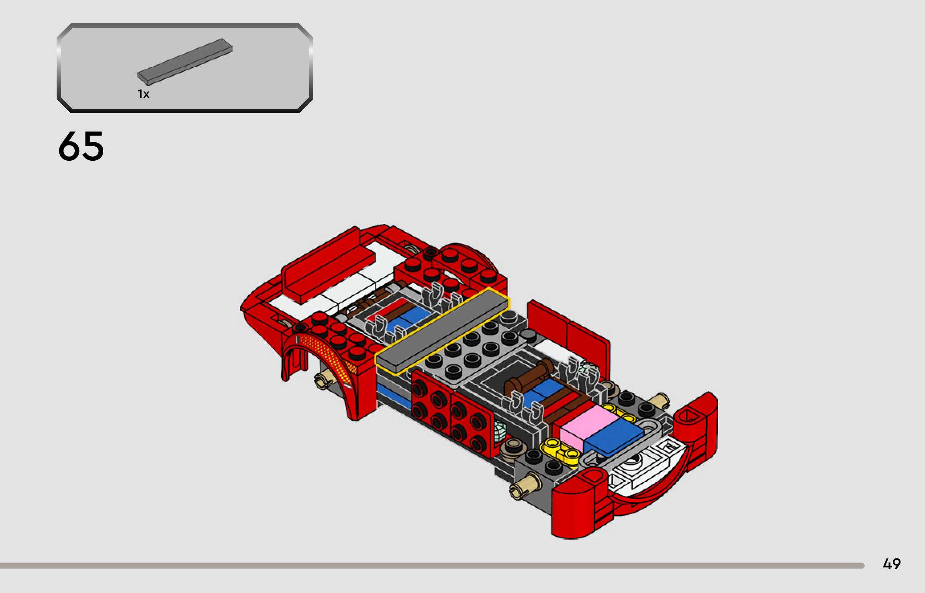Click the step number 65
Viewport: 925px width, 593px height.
click(x=81, y=146)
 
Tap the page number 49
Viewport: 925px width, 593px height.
click(x=892, y=564)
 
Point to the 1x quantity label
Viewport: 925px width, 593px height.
click(x=143, y=94)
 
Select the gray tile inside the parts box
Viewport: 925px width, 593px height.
click(x=185, y=62)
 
